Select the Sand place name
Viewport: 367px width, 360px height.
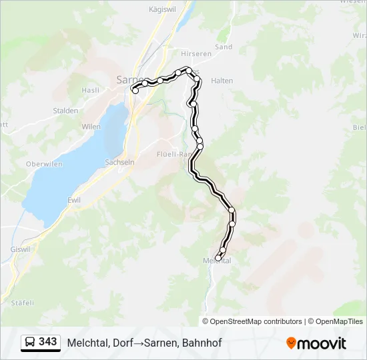coord(224,47)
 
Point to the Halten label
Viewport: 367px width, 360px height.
coord(222,81)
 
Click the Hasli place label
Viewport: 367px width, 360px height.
coord(90,90)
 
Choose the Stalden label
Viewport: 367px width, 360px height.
coord(66,111)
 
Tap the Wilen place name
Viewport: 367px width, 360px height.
coord(91,127)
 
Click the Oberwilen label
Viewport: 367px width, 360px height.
coord(43,164)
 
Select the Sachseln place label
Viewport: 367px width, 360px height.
coord(120,162)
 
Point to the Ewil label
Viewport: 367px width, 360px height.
coord(74,199)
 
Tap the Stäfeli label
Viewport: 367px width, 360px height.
coord(22,302)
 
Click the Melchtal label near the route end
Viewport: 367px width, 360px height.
coord(217,261)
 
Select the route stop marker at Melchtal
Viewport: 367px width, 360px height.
coord(218,258)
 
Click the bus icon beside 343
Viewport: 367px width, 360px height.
coord(30,343)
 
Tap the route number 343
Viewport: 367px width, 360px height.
coord(48,342)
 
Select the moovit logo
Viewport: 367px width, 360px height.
coord(316,343)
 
